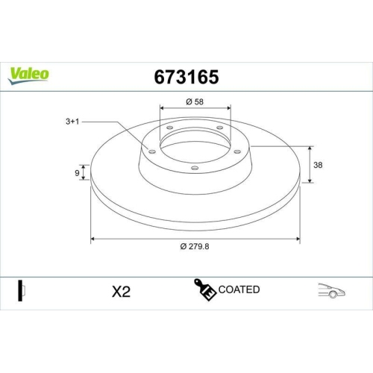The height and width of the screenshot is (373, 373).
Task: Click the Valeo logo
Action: [29, 73]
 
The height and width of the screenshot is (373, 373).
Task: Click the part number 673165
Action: [186, 76]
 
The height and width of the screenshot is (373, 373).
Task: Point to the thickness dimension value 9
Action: [77, 174]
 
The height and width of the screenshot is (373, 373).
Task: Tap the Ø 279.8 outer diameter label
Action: [195, 248]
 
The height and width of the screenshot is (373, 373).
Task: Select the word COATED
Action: [239, 289]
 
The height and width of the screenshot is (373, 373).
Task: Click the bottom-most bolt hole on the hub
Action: [195, 168]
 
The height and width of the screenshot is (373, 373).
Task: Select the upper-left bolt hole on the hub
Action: [169, 128]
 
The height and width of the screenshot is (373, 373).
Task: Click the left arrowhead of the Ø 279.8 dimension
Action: [93, 239]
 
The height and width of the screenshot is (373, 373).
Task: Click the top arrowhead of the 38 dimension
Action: [310, 146]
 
